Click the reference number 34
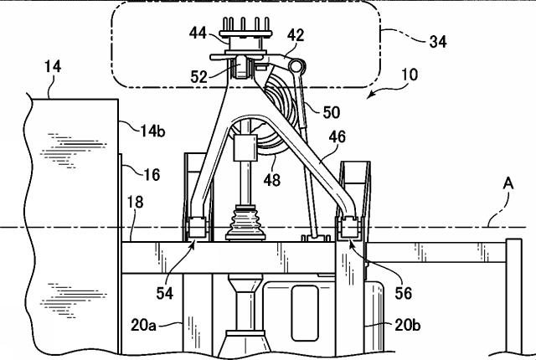[437, 42]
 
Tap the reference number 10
[409, 75]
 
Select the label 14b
[152, 131]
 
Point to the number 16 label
[152, 174]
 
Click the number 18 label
[136, 202]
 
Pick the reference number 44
[198, 33]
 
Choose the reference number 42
[296, 35]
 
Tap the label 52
[199, 77]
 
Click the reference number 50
[332, 112]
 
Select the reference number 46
[337, 136]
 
